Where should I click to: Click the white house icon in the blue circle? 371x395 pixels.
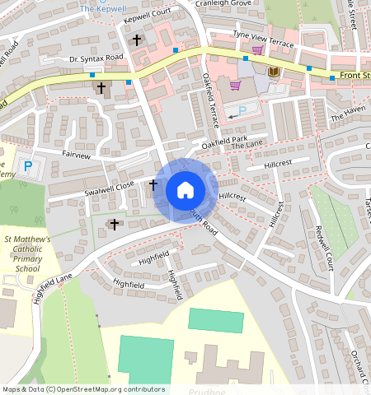pos(185,190)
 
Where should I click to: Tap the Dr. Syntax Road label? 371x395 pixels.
pos(96,58)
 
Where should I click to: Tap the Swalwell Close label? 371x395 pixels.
pos(107,187)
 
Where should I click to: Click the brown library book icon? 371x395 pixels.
pos(275,72)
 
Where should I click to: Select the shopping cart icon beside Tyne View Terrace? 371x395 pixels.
pos(257,49)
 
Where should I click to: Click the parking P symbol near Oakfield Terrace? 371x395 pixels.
pos(242,111)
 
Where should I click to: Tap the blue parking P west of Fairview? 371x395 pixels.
pos(27,167)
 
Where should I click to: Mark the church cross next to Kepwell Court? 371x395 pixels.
pos(137,39)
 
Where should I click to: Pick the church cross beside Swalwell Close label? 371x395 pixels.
pos(153,185)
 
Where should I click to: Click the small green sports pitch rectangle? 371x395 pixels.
pos(216,320)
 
